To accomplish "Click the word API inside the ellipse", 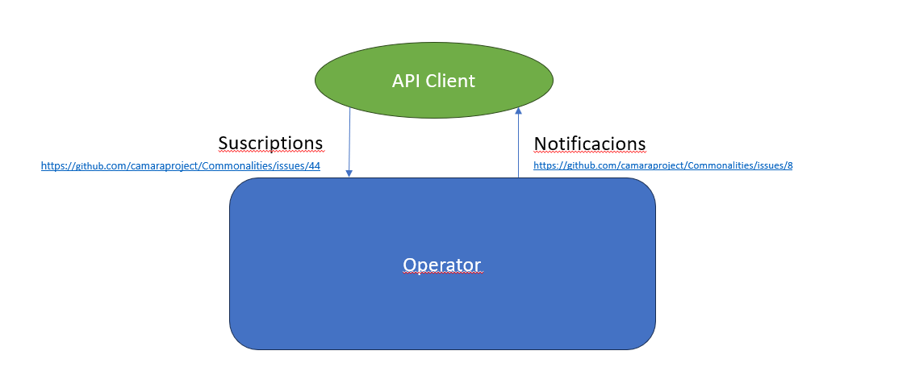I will [x=407, y=81].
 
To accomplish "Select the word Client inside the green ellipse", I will [x=450, y=81].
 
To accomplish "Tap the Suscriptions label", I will [x=270, y=143].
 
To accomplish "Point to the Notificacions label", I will [x=590, y=144].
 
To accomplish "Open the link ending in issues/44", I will [x=181, y=166].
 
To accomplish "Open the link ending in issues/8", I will [x=662, y=166].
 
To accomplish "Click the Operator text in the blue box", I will [x=441, y=265].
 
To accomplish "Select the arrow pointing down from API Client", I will [x=349, y=141].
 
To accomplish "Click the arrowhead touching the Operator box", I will [x=349, y=173].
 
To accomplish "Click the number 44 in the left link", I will [x=315, y=166].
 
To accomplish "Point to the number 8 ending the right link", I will [x=789, y=166].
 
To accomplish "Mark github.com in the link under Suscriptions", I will [x=95, y=166].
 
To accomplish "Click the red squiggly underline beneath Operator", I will [x=441, y=274].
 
